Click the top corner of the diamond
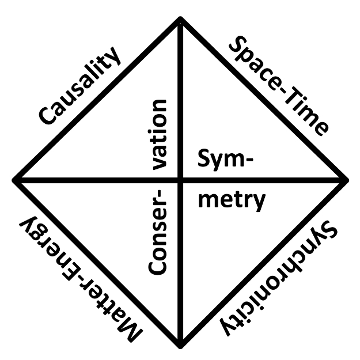click(181, 19)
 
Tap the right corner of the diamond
click(347, 180)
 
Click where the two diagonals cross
click(181, 180)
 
